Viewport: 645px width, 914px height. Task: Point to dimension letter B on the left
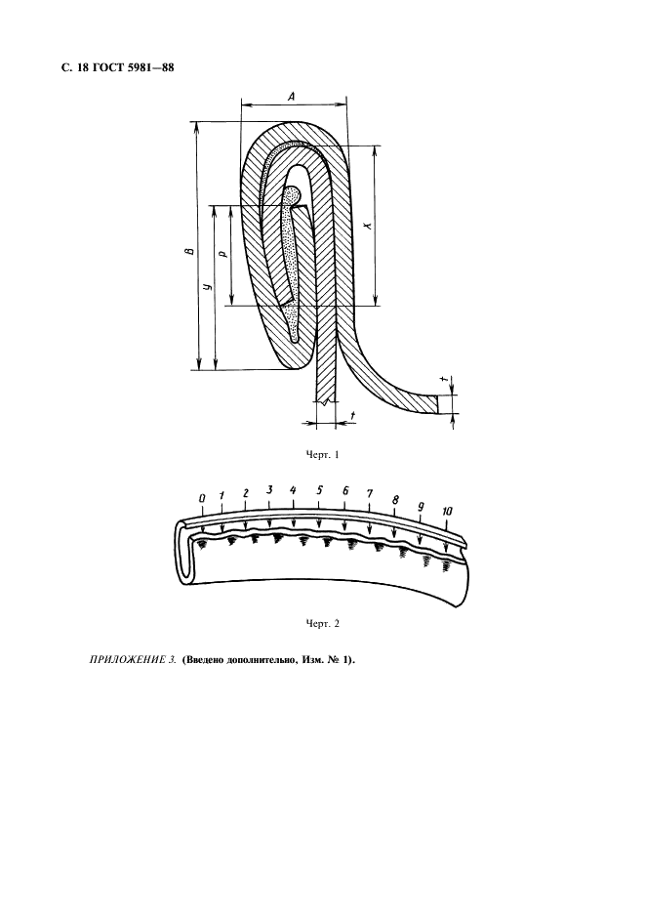[188, 252]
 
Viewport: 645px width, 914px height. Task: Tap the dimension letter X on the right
[367, 225]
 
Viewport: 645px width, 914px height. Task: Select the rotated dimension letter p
[223, 254]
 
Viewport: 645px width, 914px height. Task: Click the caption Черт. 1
[322, 455]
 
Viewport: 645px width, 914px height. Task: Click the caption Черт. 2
[322, 624]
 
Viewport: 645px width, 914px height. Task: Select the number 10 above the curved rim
[447, 512]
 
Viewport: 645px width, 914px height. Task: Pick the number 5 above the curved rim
[319, 490]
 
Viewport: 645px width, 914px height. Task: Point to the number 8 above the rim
[395, 500]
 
